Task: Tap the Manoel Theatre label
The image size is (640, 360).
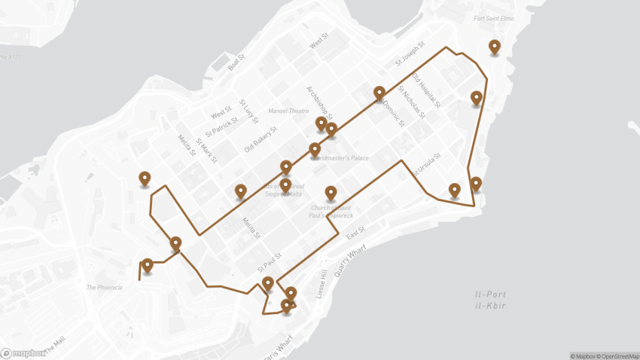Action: click(285, 111)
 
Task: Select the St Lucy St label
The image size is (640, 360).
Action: click(249, 111)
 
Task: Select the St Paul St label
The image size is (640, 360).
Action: click(269, 262)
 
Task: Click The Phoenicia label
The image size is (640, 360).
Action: click(105, 287)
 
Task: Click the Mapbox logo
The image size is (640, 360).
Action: click(23, 352)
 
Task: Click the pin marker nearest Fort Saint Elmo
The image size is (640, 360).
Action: click(494, 47)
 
